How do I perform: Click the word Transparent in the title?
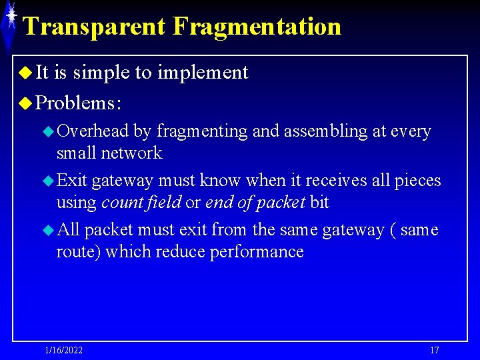(94, 27)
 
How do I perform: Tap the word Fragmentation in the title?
(257, 27)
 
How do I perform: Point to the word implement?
(203, 72)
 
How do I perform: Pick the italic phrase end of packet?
(255, 202)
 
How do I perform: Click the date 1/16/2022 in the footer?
(64, 351)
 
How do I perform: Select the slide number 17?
(435, 351)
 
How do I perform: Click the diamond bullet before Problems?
(26, 103)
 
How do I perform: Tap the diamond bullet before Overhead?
(48, 132)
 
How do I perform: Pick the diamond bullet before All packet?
(48, 231)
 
